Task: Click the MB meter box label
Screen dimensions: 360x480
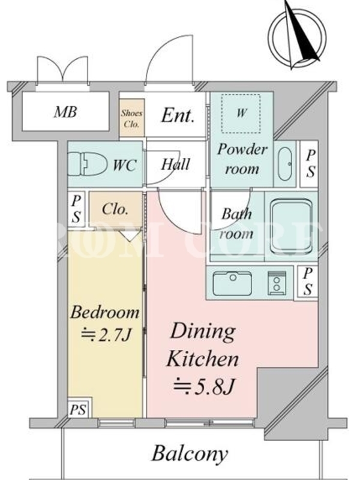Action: (65, 112)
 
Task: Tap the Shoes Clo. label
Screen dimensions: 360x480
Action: (131, 118)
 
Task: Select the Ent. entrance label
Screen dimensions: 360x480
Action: (178, 115)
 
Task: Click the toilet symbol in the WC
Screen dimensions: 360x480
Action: (86, 164)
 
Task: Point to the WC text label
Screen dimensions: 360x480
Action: (125, 166)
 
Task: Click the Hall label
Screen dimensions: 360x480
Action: (175, 164)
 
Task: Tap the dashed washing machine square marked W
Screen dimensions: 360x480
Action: (241, 114)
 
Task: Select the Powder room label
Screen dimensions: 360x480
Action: (242, 159)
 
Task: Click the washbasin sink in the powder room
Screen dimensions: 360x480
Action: (284, 164)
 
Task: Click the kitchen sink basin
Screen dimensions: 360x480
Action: (232, 283)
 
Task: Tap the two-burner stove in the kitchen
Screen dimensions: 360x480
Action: (277, 283)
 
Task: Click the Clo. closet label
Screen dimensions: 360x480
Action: (115, 209)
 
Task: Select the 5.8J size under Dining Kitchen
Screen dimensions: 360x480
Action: (204, 386)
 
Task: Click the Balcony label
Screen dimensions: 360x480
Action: (190, 454)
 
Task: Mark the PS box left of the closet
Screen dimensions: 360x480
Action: (76, 209)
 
